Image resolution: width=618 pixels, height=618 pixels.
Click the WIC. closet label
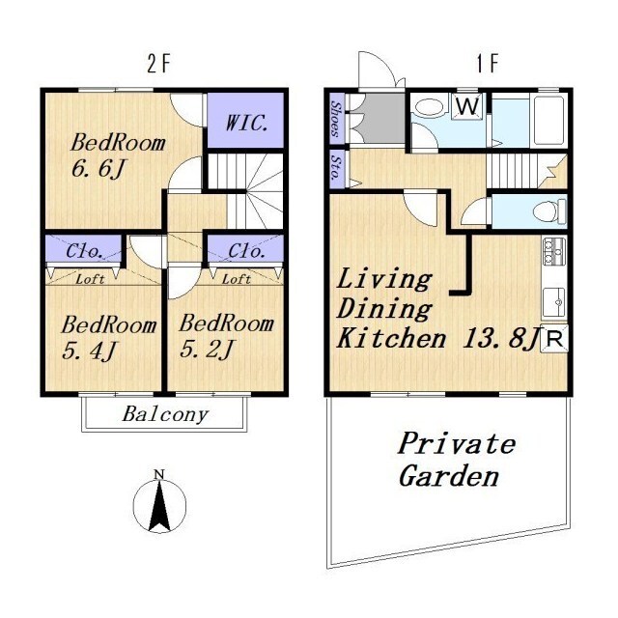pyautogui.click(x=247, y=124)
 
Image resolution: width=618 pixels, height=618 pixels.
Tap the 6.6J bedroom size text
pyautogui.click(x=98, y=169)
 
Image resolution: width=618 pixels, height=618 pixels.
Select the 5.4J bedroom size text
pyautogui.click(x=90, y=351)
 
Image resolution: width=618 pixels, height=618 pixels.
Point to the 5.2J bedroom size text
pyautogui.click(x=207, y=349)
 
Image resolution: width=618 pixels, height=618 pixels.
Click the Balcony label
pyautogui.click(x=165, y=414)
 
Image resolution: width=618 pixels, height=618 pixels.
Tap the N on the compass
pyautogui.click(x=159, y=474)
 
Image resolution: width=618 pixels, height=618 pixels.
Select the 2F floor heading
pyautogui.click(x=158, y=64)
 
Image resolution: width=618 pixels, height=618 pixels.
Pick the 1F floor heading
pyautogui.click(x=488, y=64)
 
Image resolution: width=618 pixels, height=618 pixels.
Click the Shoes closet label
pyautogui.click(x=336, y=118)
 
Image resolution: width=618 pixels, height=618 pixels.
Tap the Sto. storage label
pyautogui.click(x=336, y=168)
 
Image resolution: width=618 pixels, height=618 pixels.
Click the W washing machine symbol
pyautogui.click(x=468, y=105)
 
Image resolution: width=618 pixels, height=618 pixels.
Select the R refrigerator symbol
pyautogui.click(x=555, y=339)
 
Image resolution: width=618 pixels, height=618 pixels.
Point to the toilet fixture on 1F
pyautogui.click(x=549, y=211)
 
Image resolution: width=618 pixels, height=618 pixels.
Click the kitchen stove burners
pyautogui.click(x=554, y=251)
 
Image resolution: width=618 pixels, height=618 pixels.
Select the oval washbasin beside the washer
pyautogui.click(x=429, y=107)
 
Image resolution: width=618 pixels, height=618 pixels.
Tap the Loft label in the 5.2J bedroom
pyautogui.click(x=237, y=279)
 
